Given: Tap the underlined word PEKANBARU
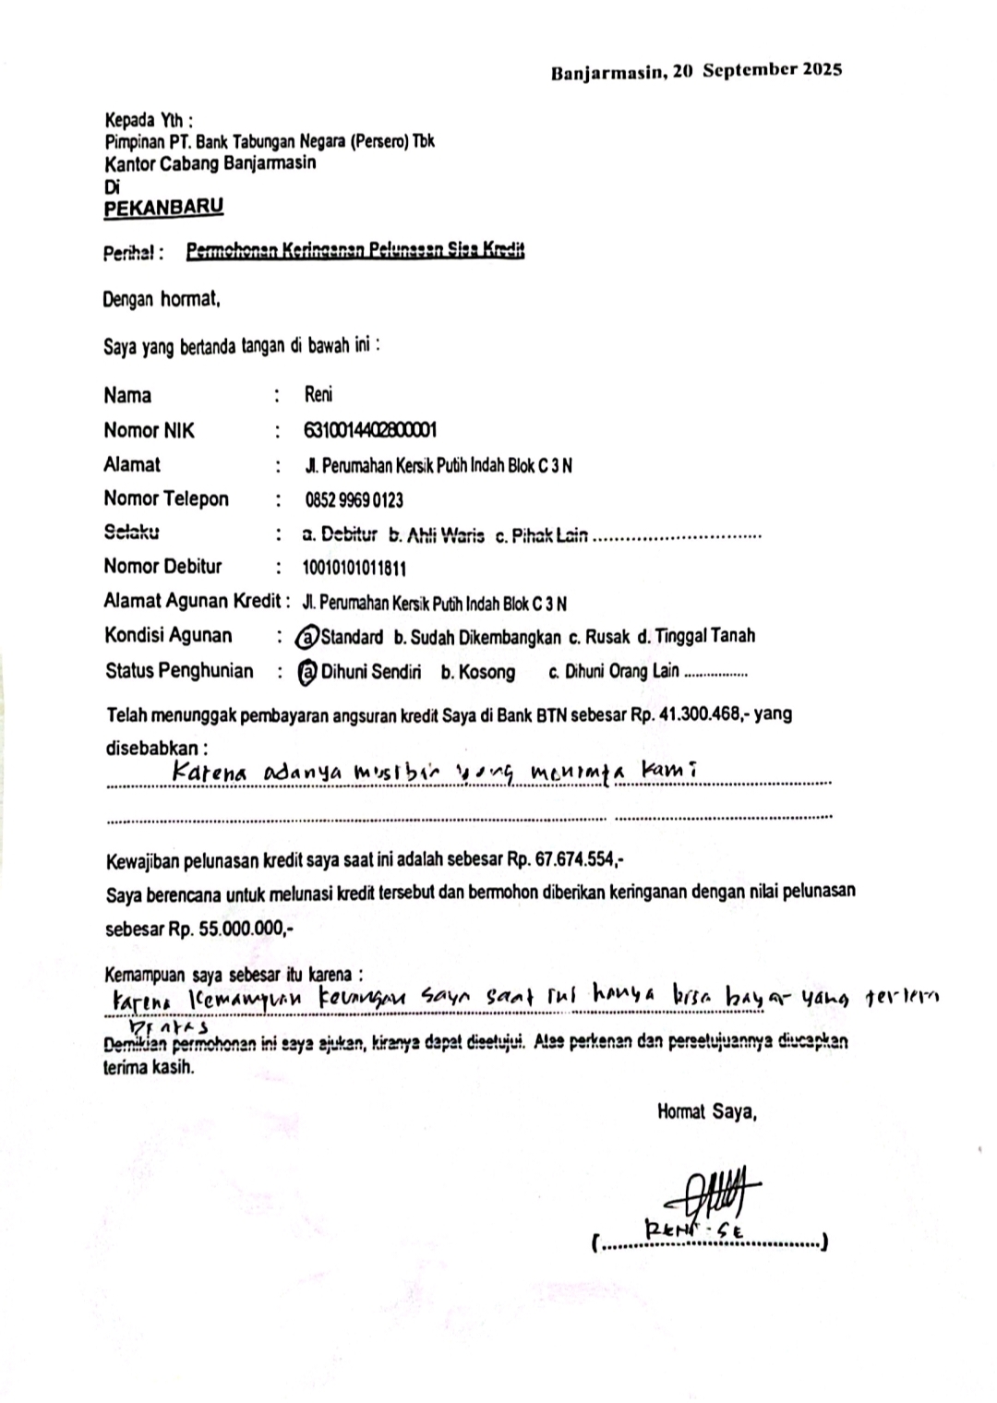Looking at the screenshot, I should point(163,208).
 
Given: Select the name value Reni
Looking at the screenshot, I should point(318,395).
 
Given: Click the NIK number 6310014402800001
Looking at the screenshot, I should point(370,430).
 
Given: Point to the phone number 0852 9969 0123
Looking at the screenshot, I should point(354,500).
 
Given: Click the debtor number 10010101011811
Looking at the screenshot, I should point(354,568).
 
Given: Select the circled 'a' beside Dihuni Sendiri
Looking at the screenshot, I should point(307,672).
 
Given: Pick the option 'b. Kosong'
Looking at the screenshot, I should point(477,672).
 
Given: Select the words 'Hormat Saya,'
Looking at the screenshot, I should point(707,1112).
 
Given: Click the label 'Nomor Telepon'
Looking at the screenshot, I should point(166,499).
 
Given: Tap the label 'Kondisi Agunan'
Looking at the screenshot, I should point(168,636).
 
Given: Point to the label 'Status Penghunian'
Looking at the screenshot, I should point(179,671).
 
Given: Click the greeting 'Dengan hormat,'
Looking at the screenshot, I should point(162,300).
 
